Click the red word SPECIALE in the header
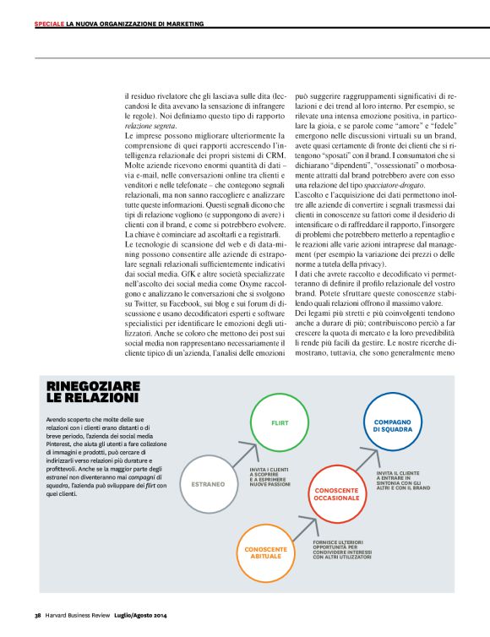tap(49, 24)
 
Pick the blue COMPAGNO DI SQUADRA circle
tap(392, 425)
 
